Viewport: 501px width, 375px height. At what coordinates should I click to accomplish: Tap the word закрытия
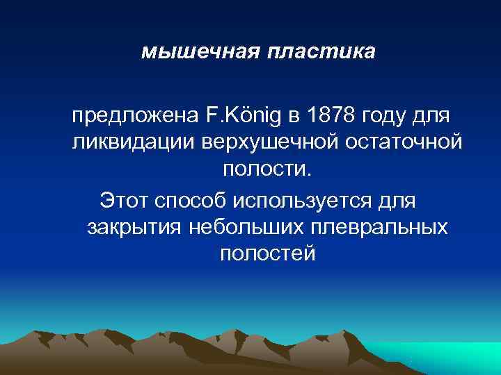133,227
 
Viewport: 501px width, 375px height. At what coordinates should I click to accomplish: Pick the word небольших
240,227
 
